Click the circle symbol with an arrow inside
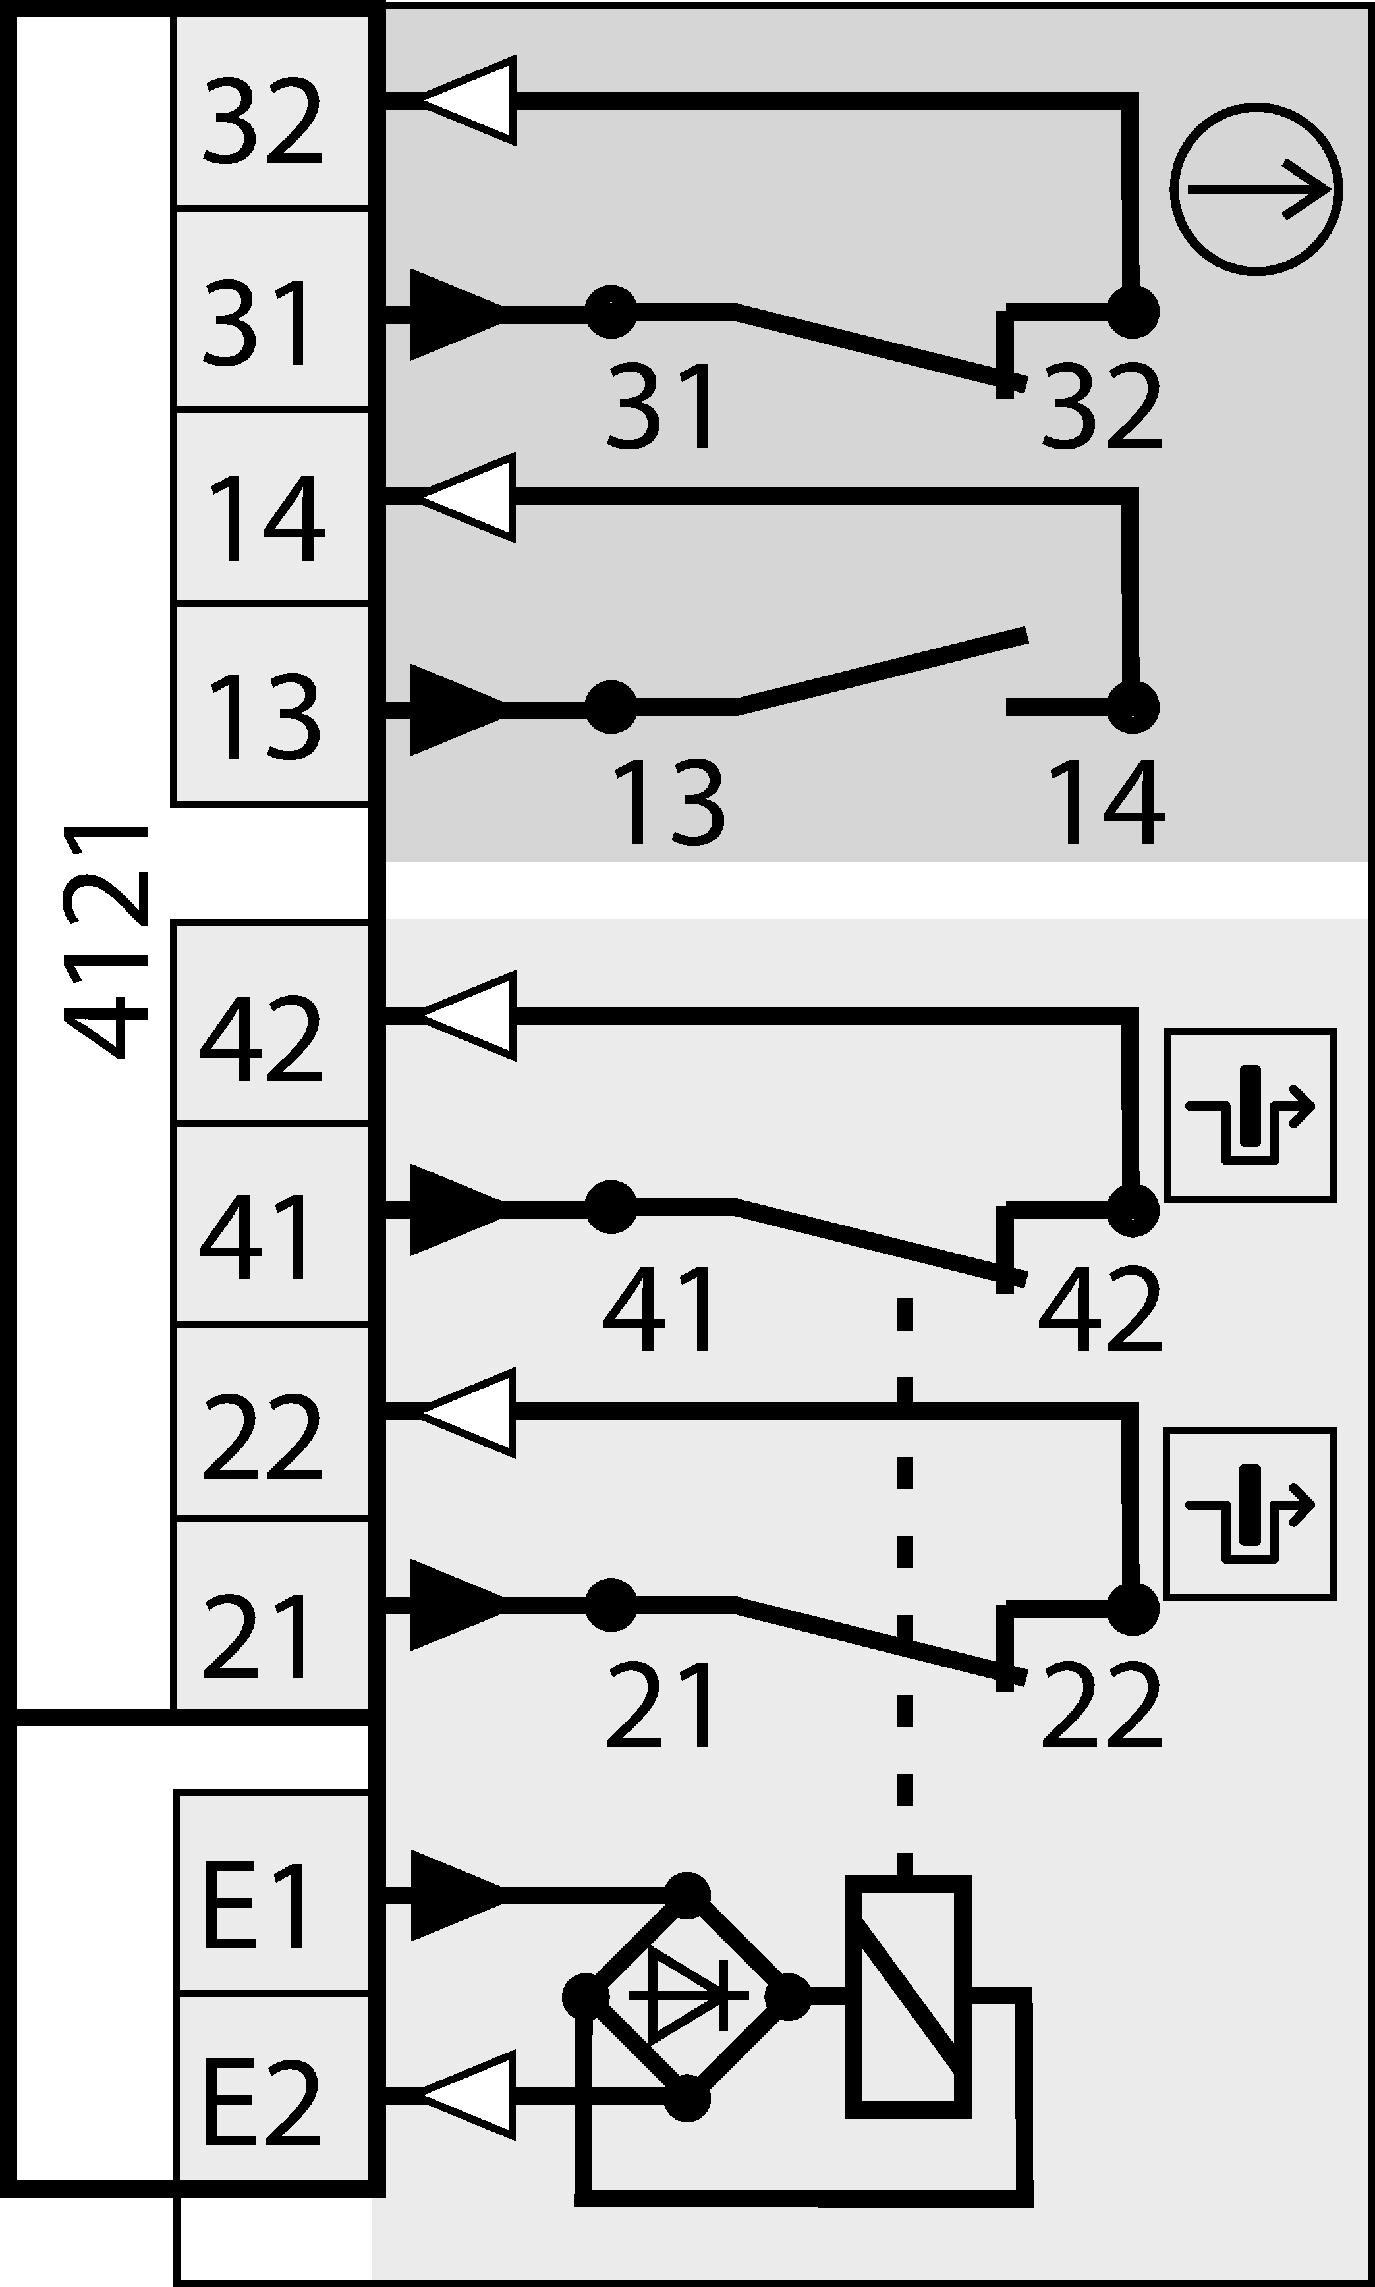[1256, 189]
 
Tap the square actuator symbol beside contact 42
[1250, 1115]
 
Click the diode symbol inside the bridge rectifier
[688, 1995]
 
